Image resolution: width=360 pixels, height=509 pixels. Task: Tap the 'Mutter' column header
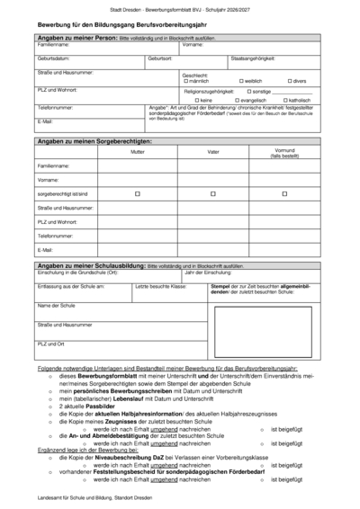pos(137,152)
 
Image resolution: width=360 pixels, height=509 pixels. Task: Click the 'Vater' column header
pos(212,152)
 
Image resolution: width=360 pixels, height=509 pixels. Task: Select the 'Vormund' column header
pos(284,150)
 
